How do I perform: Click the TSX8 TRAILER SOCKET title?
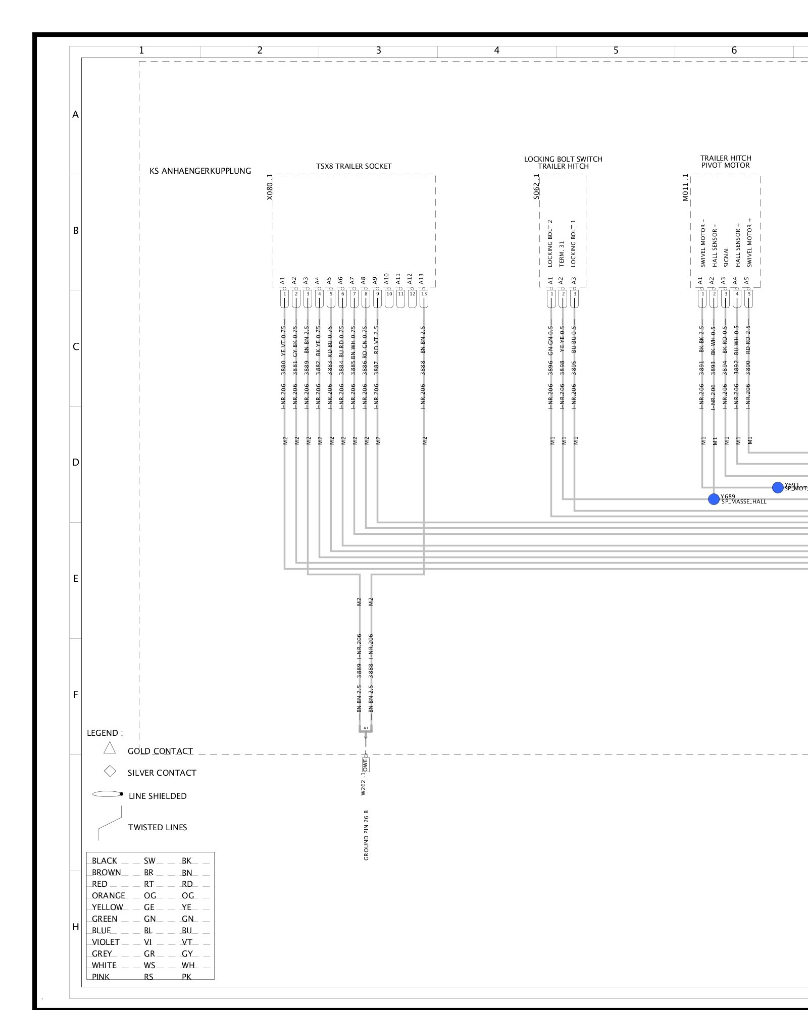[353, 166]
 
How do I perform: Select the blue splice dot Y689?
[714, 499]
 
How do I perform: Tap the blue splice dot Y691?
[778, 487]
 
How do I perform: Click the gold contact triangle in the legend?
[110, 748]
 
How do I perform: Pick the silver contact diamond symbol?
[110, 771]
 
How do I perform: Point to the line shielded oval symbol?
[107, 794]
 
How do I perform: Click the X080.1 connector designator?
[270, 187]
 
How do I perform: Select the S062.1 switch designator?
[536, 187]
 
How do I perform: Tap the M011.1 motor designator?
[685, 187]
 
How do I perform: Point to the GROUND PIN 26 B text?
[366, 835]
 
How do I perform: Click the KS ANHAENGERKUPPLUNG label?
[200, 171]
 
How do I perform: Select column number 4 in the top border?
[497, 50]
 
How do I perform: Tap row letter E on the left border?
[76, 579]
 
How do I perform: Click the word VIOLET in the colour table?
[106, 942]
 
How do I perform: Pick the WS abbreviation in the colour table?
[149, 965]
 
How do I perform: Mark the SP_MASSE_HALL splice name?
[743, 502]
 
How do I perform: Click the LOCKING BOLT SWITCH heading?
[563, 159]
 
